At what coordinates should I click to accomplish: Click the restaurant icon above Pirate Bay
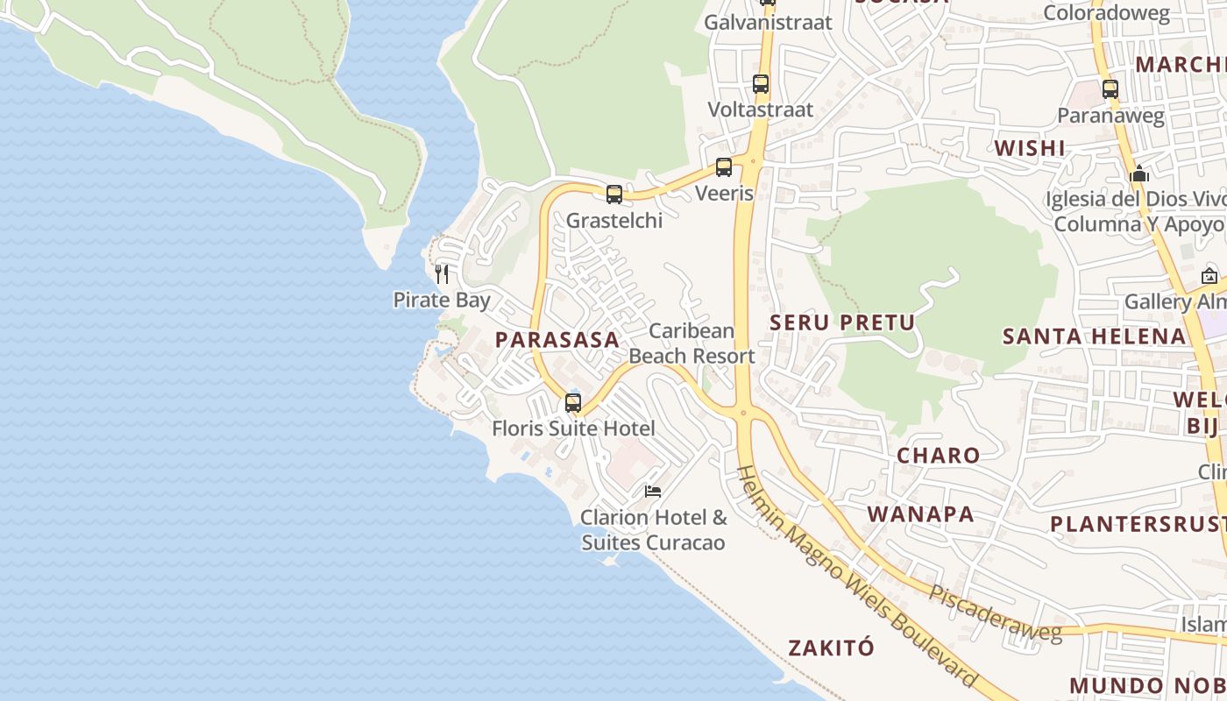442,274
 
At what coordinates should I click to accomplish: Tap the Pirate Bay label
442,301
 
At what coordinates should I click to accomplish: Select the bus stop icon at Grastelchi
614,195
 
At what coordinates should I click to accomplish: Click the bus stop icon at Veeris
724,167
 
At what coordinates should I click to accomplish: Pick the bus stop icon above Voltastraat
761,85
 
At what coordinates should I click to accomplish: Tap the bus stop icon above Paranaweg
1110,89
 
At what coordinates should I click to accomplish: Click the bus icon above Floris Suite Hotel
573,403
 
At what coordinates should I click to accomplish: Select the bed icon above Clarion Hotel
653,492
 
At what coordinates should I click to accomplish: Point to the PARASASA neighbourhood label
557,340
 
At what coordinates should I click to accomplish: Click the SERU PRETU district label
842,322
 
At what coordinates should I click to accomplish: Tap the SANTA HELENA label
1094,336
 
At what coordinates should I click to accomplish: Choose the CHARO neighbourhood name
938,456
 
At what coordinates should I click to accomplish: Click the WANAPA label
920,514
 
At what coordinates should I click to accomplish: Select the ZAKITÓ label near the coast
831,648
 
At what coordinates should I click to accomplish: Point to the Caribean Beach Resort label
692,343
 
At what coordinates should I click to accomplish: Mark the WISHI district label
1030,148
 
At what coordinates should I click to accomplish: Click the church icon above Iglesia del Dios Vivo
1139,174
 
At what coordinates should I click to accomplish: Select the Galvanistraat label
768,23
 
